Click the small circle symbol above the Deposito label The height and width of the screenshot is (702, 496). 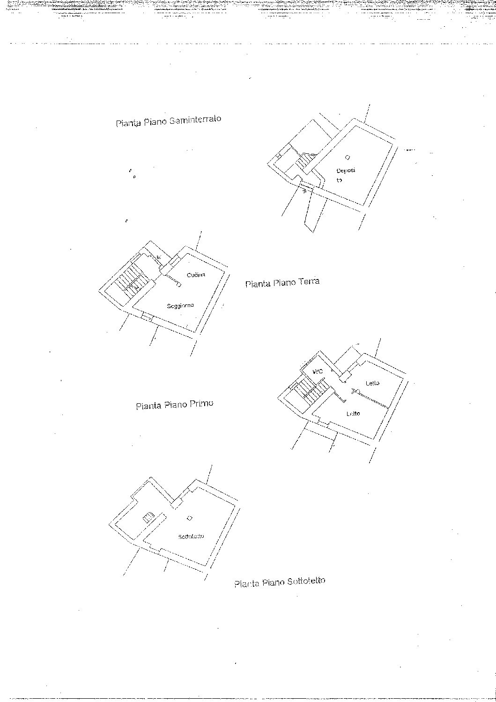tap(347, 157)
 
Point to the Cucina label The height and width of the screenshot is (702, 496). tap(196, 275)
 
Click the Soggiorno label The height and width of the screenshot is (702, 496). tap(180, 306)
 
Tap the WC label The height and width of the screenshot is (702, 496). tap(318, 371)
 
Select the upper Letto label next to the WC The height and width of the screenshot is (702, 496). tap(373, 383)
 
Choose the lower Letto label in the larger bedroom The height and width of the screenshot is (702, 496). tap(353, 414)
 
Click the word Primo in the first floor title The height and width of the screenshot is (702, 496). tap(201, 404)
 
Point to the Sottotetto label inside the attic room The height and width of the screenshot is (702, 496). tap(191, 536)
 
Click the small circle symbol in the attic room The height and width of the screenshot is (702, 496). tap(189, 518)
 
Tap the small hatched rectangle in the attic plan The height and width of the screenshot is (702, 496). tap(148, 517)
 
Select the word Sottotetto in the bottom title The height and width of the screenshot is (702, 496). tap(306, 581)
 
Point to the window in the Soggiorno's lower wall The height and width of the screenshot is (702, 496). tap(146, 318)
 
